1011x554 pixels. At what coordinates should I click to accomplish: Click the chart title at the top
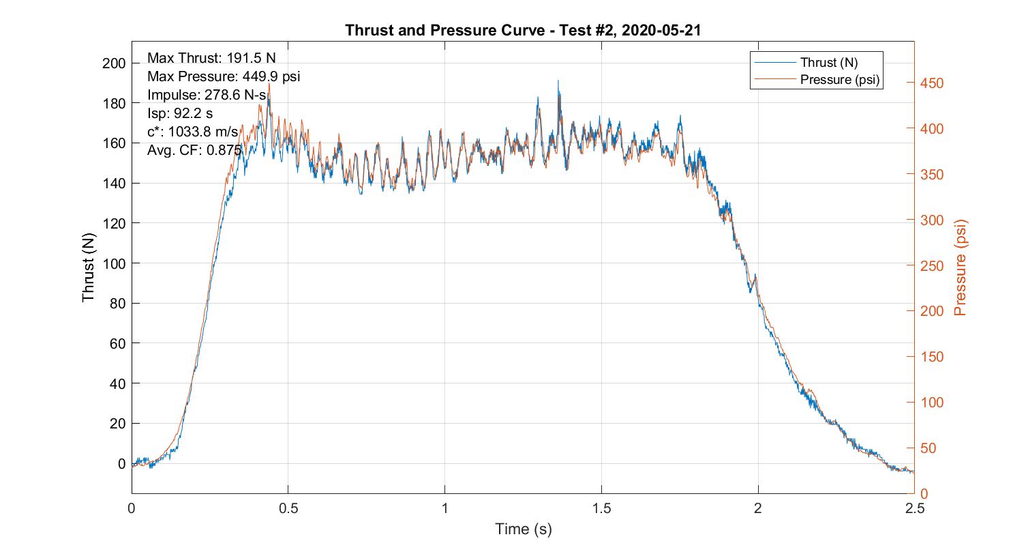pos(523,30)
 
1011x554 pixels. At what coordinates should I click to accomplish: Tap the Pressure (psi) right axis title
pos(961,267)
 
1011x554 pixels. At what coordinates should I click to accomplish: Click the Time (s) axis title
pos(523,529)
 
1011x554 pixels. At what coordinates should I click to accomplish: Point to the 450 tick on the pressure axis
pos(932,83)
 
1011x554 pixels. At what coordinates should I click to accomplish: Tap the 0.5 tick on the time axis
pos(288,508)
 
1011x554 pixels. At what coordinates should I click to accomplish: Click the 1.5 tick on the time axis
pos(601,508)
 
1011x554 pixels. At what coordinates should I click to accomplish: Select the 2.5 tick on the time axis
pos(914,508)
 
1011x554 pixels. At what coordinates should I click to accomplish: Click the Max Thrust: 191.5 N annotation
pos(211,58)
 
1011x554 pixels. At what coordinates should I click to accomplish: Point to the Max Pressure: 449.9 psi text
pos(224,76)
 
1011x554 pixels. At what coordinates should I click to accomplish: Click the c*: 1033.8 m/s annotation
pos(193,132)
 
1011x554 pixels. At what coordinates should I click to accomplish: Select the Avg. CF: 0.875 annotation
pos(194,150)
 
